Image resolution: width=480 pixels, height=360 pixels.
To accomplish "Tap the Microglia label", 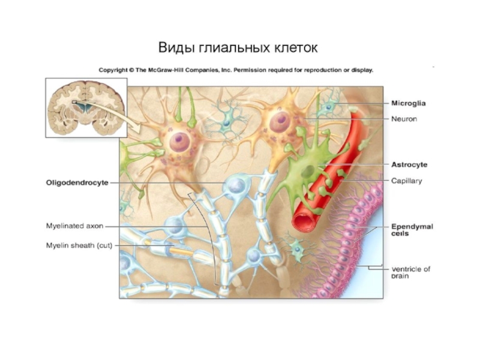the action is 409,103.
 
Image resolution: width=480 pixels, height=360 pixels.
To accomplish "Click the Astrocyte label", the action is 409,164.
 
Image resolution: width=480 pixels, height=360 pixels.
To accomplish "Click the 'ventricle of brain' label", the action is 411,272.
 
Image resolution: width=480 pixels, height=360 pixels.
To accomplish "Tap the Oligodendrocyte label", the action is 77,182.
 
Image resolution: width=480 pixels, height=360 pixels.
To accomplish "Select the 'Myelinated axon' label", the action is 75,226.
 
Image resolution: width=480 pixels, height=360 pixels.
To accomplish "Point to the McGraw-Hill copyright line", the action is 236,70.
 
